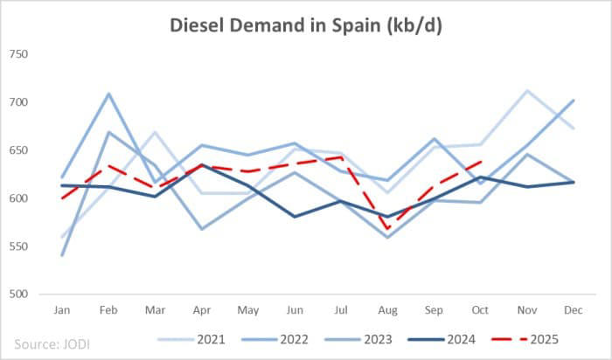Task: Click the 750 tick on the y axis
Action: (18, 54)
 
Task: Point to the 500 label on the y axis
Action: (18, 294)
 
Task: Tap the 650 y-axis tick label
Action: (18, 150)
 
